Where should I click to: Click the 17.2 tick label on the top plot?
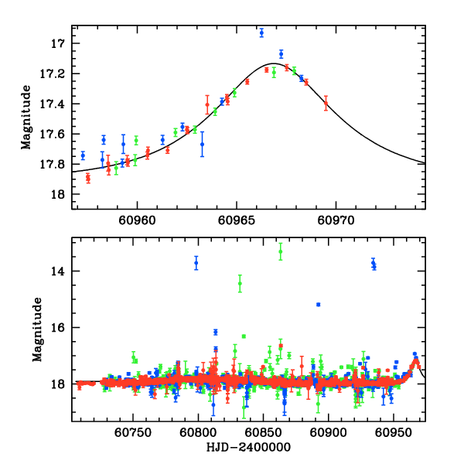[57, 73]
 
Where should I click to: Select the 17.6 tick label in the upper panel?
[57, 134]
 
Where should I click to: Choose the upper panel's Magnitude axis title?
[27, 117]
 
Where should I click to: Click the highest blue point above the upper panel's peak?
[261, 32]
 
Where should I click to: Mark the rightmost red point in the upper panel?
[326, 102]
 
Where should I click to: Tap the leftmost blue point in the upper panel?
[83, 155]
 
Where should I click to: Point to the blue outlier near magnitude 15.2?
[318, 304]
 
